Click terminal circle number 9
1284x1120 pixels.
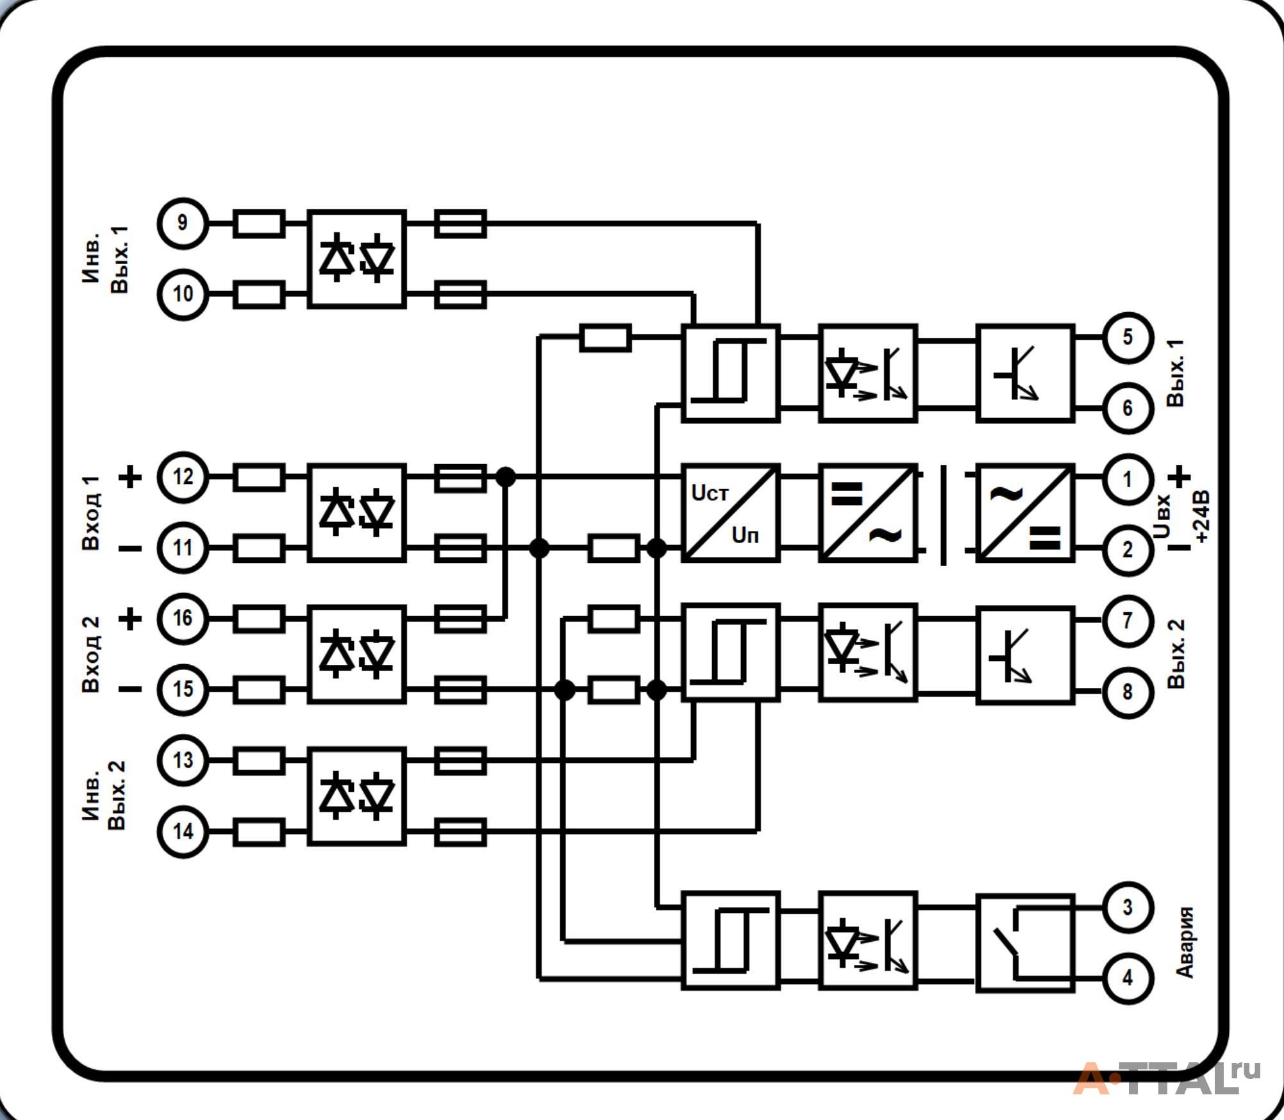(x=183, y=223)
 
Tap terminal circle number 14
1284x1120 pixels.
(x=183, y=832)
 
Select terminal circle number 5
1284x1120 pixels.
(x=1128, y=338)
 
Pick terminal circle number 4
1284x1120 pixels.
(x=1128, y=978)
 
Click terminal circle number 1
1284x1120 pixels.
(x=1128, y=479)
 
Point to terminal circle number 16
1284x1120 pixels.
(x=183, y=619)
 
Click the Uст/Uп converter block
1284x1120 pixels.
(x=731, y=513)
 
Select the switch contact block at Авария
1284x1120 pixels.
(x=1025, y=943)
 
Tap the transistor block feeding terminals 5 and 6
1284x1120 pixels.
(x=1025, y=373)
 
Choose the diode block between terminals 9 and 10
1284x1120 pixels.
(x=356, y=259)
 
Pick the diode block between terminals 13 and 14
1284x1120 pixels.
(x=356, y=796)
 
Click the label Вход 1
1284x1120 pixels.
(x=91, y=513)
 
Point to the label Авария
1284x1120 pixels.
(x=1185, y=942)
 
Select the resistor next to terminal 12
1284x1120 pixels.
(x=259, y=478)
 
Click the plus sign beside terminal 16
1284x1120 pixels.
(x=131, y=619)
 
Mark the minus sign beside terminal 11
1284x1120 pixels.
(x=131, y=549)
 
